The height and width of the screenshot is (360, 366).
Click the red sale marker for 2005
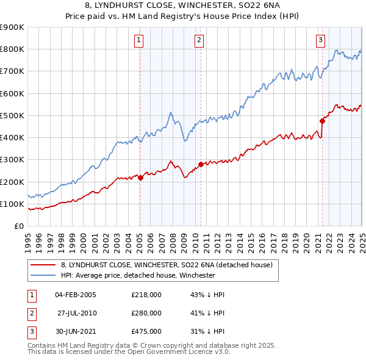140,178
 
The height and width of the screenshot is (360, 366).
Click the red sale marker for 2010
201,164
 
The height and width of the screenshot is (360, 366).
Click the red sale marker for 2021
322,121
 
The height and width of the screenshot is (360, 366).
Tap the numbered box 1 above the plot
140,41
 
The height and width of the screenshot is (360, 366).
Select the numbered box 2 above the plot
199,41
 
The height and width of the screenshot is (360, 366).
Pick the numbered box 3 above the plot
321,41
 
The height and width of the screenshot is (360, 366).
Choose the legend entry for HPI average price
138,275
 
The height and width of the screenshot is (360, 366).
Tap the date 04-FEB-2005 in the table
75,295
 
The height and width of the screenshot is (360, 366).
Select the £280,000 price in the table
146,313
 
